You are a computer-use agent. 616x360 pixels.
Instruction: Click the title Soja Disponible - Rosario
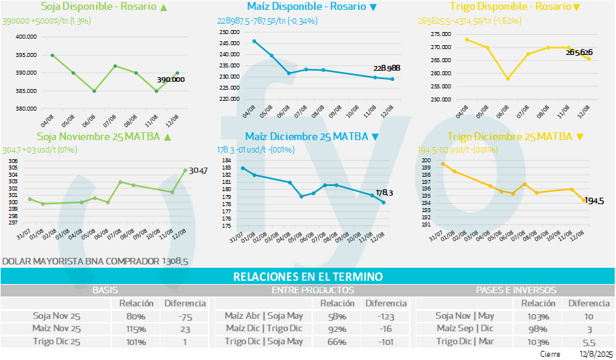point(98,7)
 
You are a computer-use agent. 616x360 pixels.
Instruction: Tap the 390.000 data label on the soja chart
point(170,79)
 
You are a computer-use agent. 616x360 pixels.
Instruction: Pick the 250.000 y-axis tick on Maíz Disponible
point(228,32)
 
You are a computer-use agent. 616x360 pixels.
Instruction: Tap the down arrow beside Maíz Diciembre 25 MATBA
point(374,137)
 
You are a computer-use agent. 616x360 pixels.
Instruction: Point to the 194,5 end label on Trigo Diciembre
point(594,201)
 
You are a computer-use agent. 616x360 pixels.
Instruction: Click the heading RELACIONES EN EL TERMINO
point(308,277)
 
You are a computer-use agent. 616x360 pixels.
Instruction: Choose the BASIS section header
point(105,290)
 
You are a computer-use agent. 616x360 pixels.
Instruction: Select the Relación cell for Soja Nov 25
point(136,315)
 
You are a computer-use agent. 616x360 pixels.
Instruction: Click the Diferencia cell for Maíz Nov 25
point(185,329)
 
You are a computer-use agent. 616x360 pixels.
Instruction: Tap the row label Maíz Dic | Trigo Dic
point(264,329)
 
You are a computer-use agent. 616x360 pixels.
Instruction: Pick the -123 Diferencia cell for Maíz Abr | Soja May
point(386,315)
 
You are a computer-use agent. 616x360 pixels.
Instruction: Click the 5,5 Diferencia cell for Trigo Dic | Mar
point(589,342)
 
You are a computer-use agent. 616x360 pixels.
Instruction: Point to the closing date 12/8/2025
point(593,354)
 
